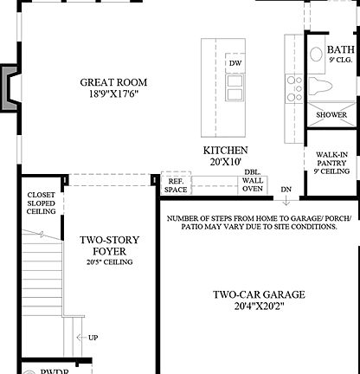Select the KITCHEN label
226,150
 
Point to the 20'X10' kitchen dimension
226,162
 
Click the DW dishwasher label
235,64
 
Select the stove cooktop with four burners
294,86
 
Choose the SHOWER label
331,114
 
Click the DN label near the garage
286,188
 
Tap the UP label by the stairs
93,338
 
